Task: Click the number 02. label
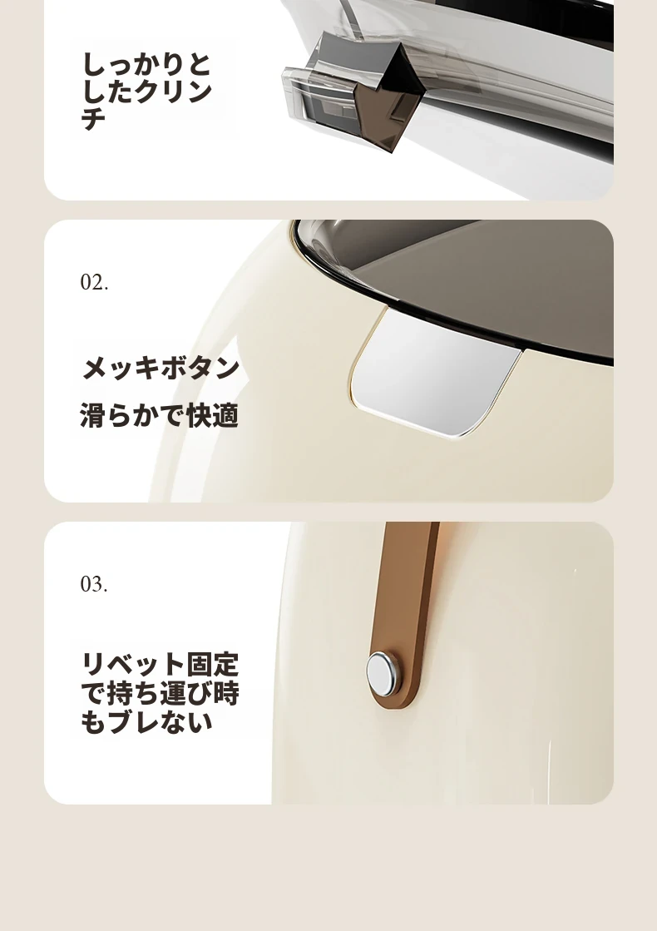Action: tap(94, 282)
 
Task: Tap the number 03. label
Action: tap(94, 584)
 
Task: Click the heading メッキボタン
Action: tap(161, 368)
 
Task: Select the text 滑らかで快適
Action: tap(159, 415)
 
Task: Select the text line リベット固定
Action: tap(160, 665)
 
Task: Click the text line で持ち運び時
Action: tap(160, 693)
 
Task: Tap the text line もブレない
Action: tap(146, 721)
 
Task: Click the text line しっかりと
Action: tap(146, 64)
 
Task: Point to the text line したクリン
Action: tap(146, 92)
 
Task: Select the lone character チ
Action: tap(93, 118)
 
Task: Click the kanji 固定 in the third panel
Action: tap(212, 665)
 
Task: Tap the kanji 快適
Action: tap(212, 415)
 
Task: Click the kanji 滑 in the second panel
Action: tap(92, 415)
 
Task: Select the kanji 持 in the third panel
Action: tap(120, 693)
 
